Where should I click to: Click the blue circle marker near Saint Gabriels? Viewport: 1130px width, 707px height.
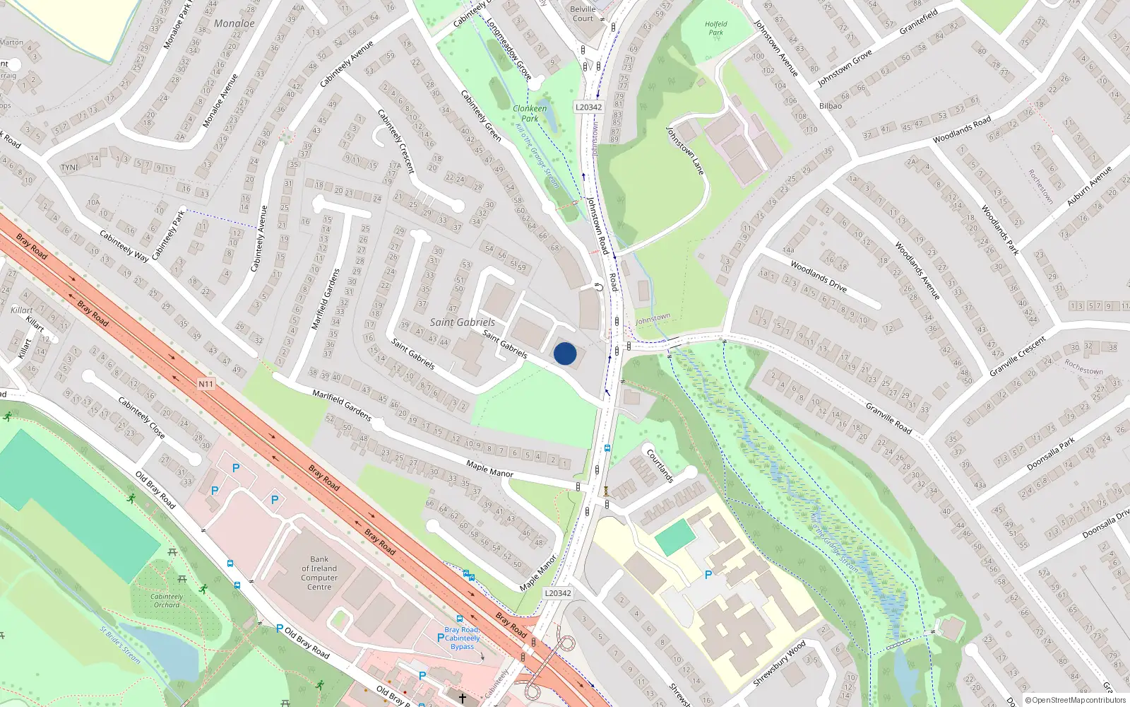pyautogui.click(x=565, y=353)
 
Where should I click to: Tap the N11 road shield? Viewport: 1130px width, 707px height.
pyautogui.click(x=206, y=384)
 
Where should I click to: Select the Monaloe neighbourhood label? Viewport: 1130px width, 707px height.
pyautogui.click(x=234, y=23)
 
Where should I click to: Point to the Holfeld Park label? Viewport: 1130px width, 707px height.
pyautogui.click(x=715, y=28)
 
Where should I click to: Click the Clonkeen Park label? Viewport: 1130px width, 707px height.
pyautogui.click(x=530, y=113)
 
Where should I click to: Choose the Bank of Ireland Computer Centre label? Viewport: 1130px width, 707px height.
pyautogui.click(x=319, y=573)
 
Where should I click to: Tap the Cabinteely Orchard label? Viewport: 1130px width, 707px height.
pyautogui.click(x=167, y=600)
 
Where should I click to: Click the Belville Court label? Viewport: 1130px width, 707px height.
pyautogui.click(x=583, y=14)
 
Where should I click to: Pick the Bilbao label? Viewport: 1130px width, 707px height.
pyautogui.click(x=831, y=106)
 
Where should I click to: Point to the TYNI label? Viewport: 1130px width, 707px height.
pyautogui.click(x=69, y=168)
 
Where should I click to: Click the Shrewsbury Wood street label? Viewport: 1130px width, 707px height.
pyautogui.click(x=779, y=663)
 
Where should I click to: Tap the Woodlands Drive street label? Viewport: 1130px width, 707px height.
pyautogui.click(x=818, y=276)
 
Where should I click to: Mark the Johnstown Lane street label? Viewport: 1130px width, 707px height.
pyautogui.click(x=685, y=150)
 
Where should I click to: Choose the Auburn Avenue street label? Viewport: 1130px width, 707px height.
pyautogui.click(x=1089, y=186)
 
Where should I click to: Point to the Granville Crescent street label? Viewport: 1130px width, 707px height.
pyautogui.click(x=1017, y=356)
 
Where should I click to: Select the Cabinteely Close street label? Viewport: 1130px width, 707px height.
pyautogui.click(x=141, y=417)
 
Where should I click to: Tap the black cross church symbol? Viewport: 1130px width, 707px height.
pyautogui.click(x=463, y=699)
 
